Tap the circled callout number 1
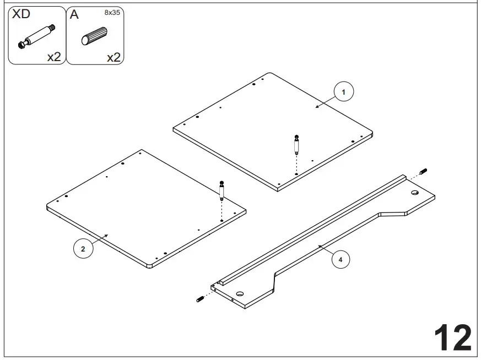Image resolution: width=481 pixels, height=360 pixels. pos(344,92)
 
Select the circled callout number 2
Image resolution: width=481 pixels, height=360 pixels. pos(83,249)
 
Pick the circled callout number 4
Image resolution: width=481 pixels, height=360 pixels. pos(340,259)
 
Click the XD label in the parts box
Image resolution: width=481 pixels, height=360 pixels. pos(21,15)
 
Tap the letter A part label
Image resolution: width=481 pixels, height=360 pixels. pos(74,15)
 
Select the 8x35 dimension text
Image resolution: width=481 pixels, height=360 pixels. pos(112,12)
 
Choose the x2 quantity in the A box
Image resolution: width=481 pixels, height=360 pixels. pos(113,56)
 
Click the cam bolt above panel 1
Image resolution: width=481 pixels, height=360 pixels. pos(296,144)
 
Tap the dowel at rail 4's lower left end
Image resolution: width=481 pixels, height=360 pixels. pos(200,299)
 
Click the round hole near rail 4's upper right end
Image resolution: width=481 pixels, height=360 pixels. pos(415,193)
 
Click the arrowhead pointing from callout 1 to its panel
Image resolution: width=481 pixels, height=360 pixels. pos(317,106)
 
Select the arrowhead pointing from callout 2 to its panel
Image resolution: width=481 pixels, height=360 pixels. pos(108,234)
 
